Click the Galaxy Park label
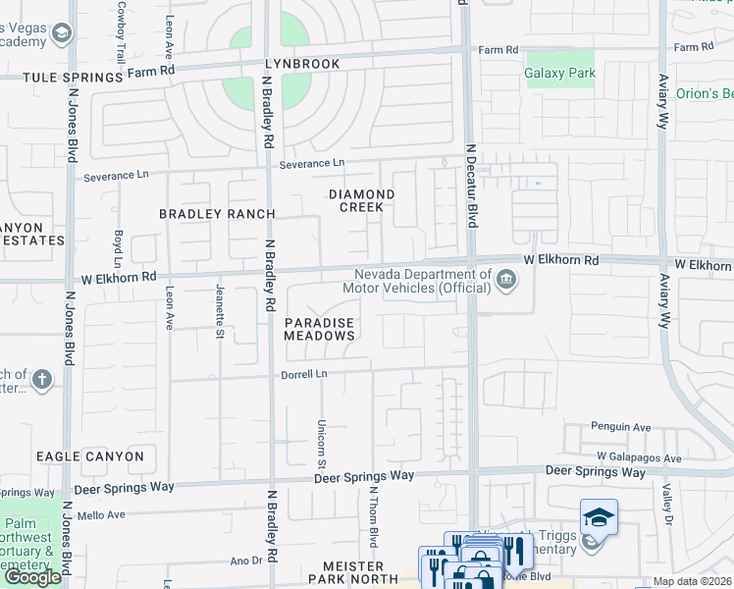(560, 73)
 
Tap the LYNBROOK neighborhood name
(301, 64)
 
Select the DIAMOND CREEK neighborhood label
(361, 201)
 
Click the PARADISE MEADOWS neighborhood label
(319, 329)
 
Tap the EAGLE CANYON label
(90, 456)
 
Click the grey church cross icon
(40, 379)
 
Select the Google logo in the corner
(32, 577)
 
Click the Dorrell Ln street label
(305, 374)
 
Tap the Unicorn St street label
(321, 442)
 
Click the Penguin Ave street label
(621, 427)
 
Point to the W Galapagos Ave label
(639, 458)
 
